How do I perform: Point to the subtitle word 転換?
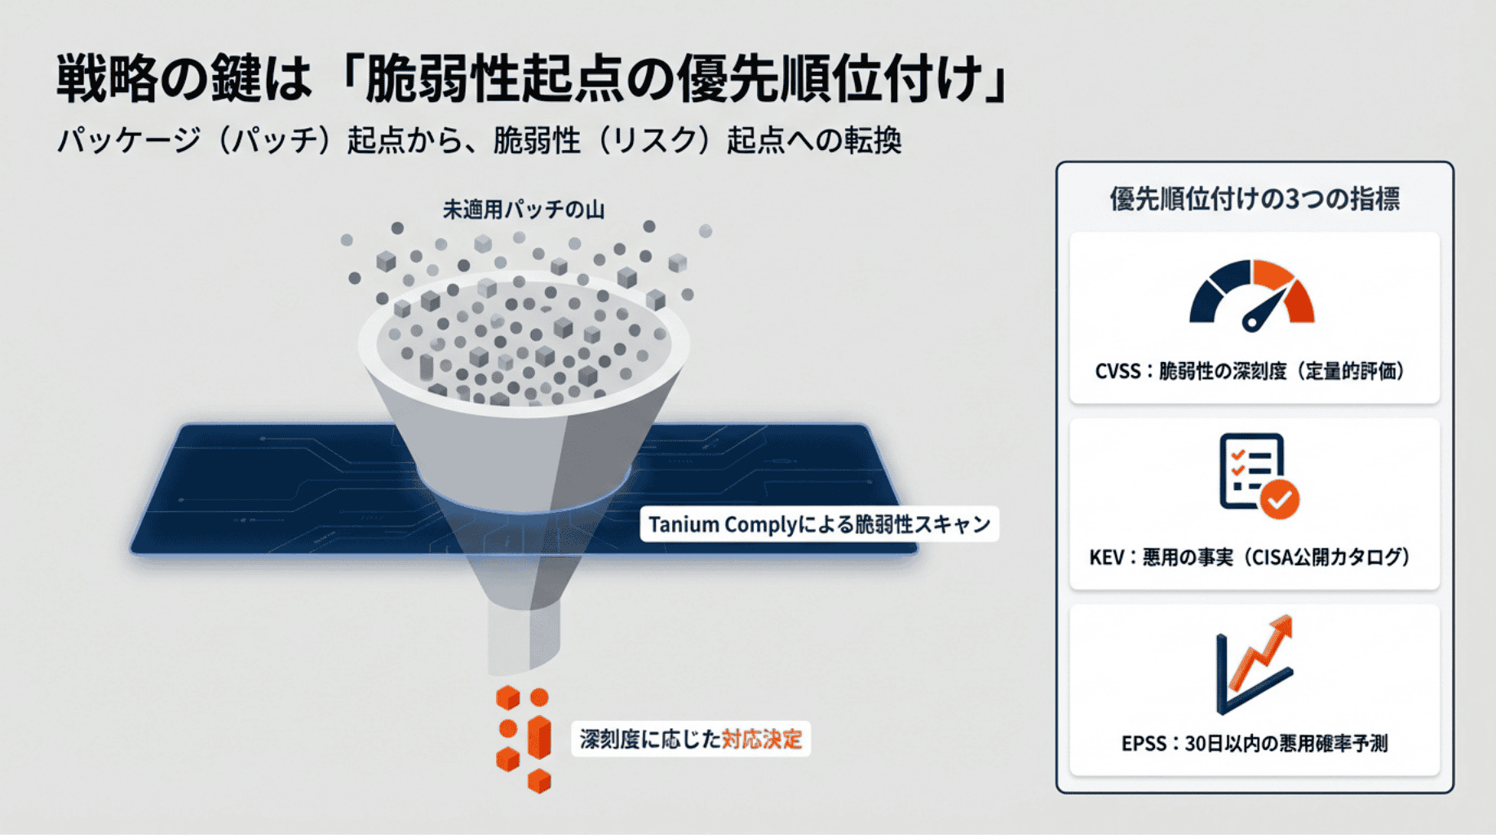tap(873, 140)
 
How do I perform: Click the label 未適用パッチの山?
tap(524, 210)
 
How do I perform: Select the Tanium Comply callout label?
tap(819, 524)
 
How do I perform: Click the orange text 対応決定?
tap(762, 740)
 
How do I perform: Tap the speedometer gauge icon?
tap(1252, 295)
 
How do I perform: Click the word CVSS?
tap(1118, 372)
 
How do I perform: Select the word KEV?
tap(1107, 558)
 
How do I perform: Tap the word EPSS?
tap(1144, 744)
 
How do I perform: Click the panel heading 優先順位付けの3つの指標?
tap(1255, 199)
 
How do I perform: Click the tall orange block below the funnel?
tap(539, 738)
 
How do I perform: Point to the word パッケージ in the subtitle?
tap(128, 140)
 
